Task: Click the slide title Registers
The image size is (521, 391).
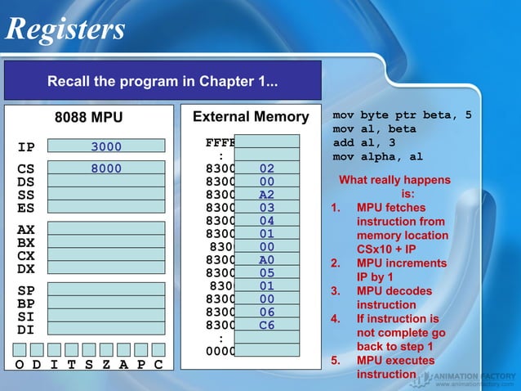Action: pos(65,29)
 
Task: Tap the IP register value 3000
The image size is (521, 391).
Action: pos(106,147)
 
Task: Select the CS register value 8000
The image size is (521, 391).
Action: pos(106,169)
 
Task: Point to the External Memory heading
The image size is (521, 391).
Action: pos(250,118)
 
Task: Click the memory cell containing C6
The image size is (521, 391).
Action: pos(266,325)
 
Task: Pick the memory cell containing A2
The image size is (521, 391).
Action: pos(266,195)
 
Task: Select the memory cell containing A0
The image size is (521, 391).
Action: pos(266,260)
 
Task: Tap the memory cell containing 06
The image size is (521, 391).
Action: pos(266,312)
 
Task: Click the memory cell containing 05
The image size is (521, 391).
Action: pos(266,273)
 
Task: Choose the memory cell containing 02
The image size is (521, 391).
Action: pos(266,169)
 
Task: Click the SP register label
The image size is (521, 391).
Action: pos(26,290)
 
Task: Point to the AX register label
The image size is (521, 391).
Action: pos(26,230)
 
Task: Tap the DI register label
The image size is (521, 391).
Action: pos(26,330)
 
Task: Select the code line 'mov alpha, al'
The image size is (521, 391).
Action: pos(377,156)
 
